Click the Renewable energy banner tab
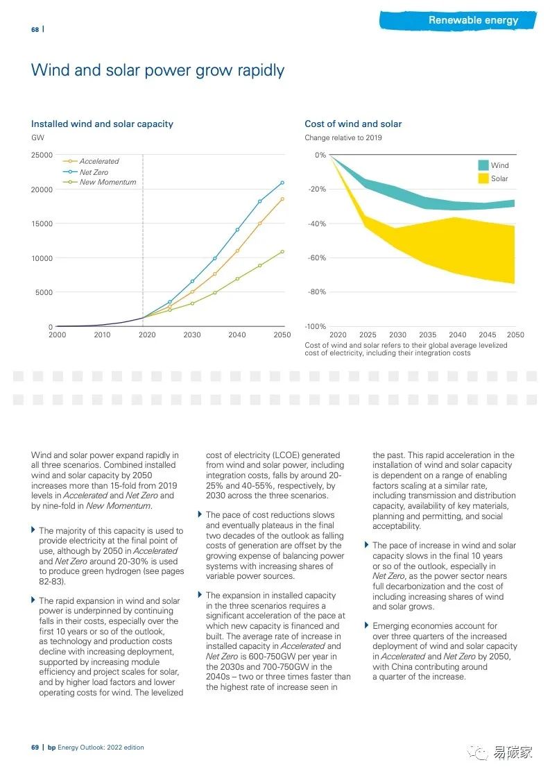[x=473, y=20]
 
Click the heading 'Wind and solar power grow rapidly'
[x=157, y=70]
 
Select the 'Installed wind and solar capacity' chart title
[x=102, y=124]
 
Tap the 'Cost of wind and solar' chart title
[x=353, y=124]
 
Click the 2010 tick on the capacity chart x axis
[x=102, y=335]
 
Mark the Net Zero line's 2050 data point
[x=282, y=183]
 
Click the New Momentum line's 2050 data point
[x=282, y=251]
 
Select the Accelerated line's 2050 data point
[x=282, y=199]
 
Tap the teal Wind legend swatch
[x=483, y=165]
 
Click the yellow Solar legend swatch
[x=483, y=178]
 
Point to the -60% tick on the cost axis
[x=316, y=258]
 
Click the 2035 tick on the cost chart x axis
[x=427, y=335]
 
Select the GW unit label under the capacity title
[x=37, y=138]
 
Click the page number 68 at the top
[x=35, y=29]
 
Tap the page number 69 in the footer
[x=35, y=748]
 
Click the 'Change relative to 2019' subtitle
[x=343, y=138]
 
